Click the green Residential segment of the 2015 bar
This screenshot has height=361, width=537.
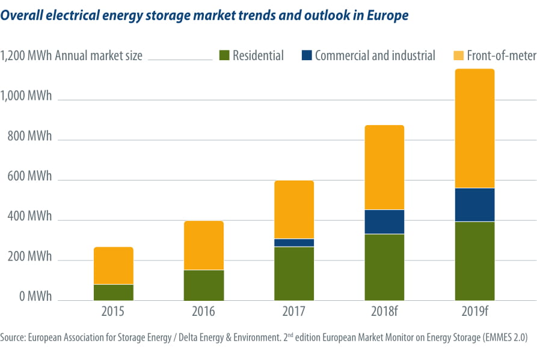pyautogui.click(x=114, y=292)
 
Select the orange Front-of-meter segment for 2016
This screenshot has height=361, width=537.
pyautogui.click(x=204, y=245)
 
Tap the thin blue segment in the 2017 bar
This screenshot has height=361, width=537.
pyautogui.click(x=294, y=242)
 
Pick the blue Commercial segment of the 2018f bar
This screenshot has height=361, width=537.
pyautogui.click(x=384, y=222)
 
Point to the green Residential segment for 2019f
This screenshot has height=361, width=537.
pyautogui.click(x=474, y=261)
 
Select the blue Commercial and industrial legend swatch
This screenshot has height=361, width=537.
pyautogui.click(x=306, y=56)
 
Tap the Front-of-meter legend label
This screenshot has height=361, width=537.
pyautogui.click(x=501, y=56)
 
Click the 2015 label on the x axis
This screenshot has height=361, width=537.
pyautogui.click(x=113, y=312)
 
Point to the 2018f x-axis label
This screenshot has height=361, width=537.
pyautogui.click(x=384, y=312)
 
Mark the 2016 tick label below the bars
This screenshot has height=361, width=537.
pyautogui.click(x=203, y=312)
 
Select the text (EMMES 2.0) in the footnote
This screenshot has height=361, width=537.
pyautogui.click(x=505, y=338)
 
